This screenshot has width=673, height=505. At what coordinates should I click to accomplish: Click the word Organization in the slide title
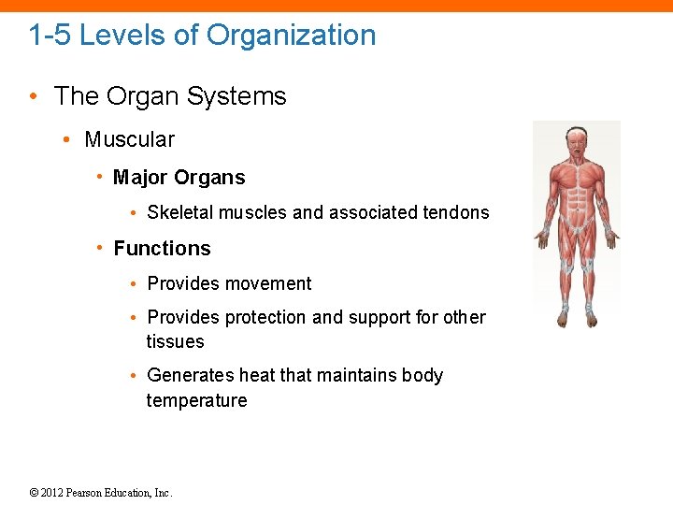pyautogui.click(x=291, y=36)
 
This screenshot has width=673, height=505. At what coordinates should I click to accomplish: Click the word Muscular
pyautogui.click(x=129, y=139)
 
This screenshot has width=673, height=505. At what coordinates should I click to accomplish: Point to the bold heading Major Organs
pyautogui.click(x=179, y=178)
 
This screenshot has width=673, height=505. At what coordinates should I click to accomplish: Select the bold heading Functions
pyautogui.click(x=162, y=249)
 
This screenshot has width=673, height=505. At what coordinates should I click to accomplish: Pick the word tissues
pyautogui.click(x=175, y=342)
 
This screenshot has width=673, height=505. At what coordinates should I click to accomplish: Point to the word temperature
pyautogui.click(x=196, y=401)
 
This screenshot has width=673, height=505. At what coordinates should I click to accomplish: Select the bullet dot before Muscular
pyautogui.click(x=67, y=140)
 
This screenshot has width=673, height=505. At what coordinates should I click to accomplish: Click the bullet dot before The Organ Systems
pyautogui.click(x=34, y=97)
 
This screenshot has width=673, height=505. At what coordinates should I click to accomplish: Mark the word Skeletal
pyautogui.click(x=180, y=212)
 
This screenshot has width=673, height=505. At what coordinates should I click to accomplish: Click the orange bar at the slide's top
pyautogui.click(x=336, y=5)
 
